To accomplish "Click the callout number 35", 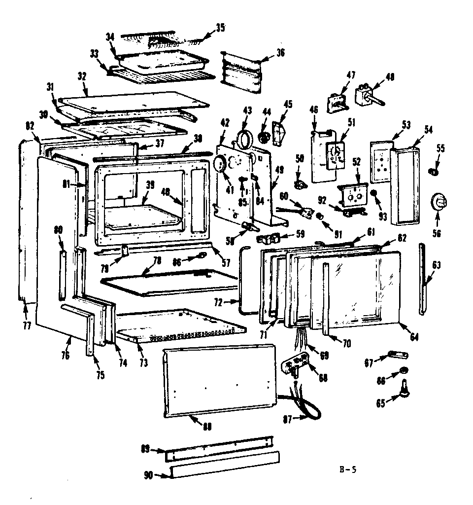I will click(x=219, y=28).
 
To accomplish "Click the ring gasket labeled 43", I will click(x=245, y=138).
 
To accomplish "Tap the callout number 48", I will click(x=390, y=77).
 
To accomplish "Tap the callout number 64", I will click(x=413, y=337).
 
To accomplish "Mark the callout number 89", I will click(x=145, y=449).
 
